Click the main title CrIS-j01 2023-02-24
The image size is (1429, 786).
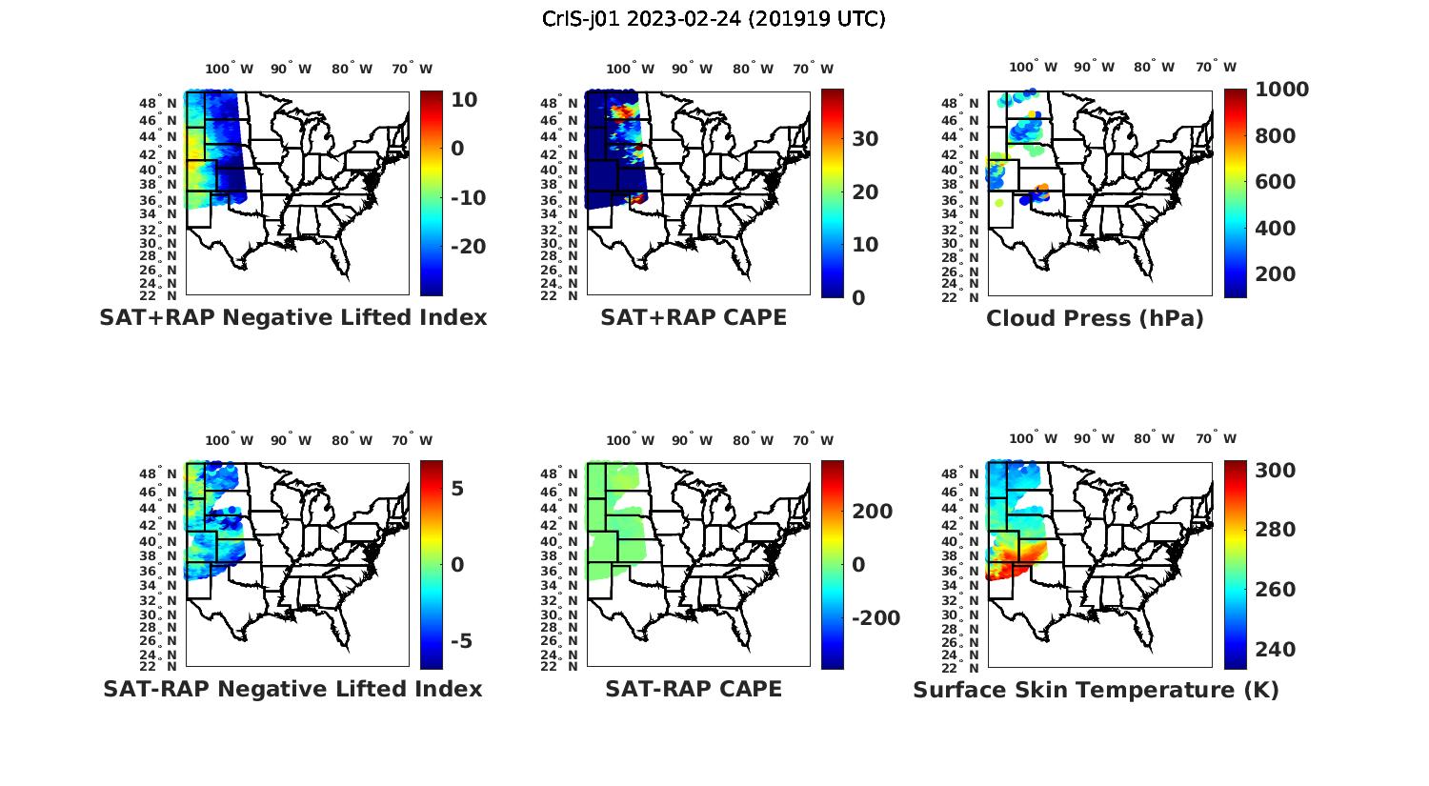click(x=714, y=19)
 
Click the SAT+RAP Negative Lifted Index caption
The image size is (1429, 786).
click(x=293, y=317)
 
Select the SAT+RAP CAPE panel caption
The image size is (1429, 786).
click(x=694, y=317)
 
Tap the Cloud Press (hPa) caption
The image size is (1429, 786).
click(x=1095, y=318)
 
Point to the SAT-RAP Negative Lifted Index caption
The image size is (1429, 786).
click(x=293, y=689)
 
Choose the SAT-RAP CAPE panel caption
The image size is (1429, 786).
click(x=694, y=689)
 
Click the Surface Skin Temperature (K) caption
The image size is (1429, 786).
click(x=1096, y=690)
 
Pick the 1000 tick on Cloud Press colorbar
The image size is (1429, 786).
click(x=1281, y=90)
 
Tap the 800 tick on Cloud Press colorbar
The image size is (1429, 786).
click(x=1275, y=136)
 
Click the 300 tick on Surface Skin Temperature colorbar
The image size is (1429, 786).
click(x=1275, y=471)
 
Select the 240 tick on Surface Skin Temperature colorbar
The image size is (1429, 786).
click(x=1275, y=650)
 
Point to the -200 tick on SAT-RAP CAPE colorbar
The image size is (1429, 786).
click(x=875, y=618)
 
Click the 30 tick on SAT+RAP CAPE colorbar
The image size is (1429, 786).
click(x=865, y=139)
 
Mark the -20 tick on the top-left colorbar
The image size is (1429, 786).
click(x=468, y=247)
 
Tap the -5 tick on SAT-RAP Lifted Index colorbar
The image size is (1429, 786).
click(x=461, y=640)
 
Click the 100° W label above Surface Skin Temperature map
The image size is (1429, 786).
click(x=1033, y=439)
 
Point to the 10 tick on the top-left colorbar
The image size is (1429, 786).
click(x=465, y=100)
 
